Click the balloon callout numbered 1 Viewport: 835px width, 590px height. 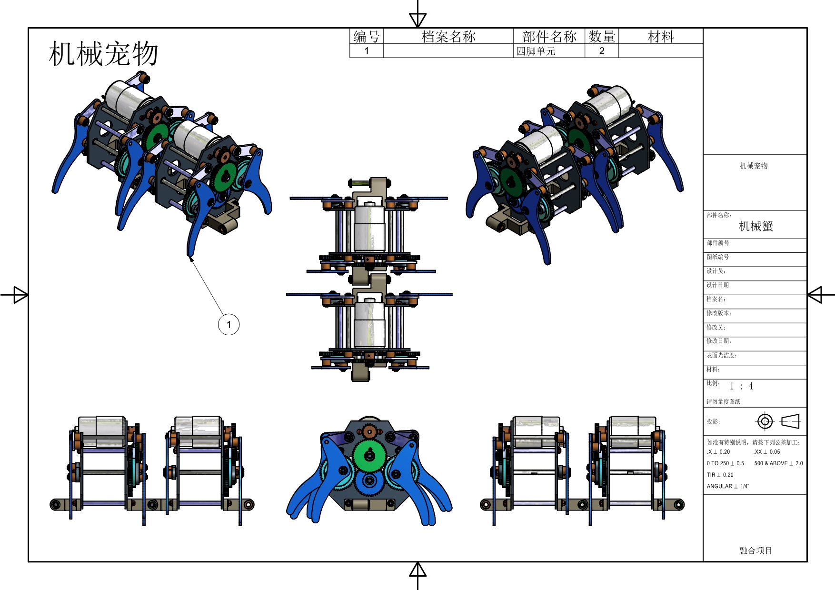click(229, 325)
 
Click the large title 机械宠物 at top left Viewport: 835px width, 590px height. click(103, 53)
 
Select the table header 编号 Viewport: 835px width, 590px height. click(367, 36)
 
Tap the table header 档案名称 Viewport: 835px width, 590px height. click(448, 36)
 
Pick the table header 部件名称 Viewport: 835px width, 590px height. click(549, 36)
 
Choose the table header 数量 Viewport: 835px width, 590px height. click(602, 36)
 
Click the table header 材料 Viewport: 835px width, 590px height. click(661, 36)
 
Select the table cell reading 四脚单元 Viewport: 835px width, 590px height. click(536, 51)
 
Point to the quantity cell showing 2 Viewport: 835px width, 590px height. click(602, 51)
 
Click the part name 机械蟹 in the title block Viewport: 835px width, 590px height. click(756, 226)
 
